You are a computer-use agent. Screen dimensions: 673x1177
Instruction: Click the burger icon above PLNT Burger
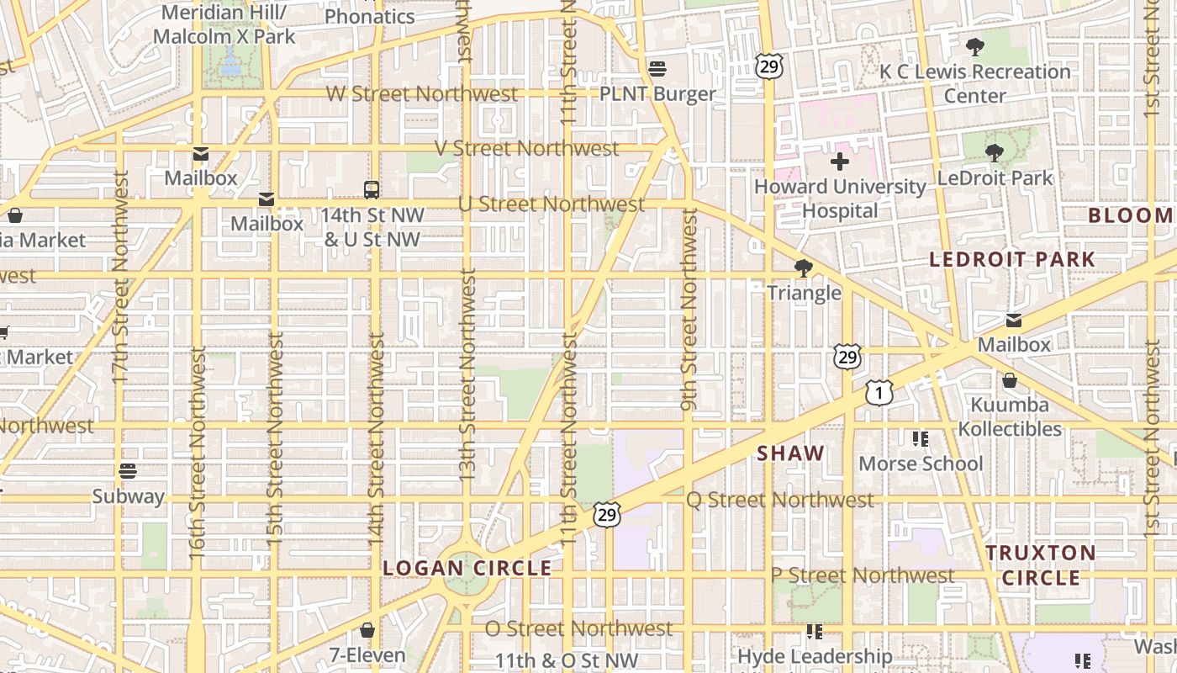657,68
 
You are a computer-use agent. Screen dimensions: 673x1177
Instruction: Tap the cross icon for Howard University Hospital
839,162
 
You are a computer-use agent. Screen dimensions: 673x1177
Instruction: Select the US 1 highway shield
879,392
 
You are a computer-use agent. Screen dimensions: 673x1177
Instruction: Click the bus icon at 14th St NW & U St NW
372,189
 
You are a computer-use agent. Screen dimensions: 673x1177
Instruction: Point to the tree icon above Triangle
804,268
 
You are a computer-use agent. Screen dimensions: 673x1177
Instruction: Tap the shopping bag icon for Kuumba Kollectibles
1010,381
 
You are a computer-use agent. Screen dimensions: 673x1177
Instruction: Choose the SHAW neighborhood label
790,453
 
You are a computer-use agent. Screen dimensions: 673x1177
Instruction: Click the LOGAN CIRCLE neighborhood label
467,569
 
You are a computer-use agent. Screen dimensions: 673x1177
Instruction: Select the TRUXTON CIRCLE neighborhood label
1041,565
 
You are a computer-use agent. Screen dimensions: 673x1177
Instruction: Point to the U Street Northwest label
552,204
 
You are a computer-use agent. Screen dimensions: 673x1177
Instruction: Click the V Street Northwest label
527,149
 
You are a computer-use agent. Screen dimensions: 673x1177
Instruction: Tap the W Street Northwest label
422,93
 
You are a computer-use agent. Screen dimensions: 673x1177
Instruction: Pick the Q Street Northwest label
780,500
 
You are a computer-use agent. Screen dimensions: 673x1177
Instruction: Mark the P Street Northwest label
863,575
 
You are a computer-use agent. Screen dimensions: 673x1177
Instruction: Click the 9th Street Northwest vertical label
689,311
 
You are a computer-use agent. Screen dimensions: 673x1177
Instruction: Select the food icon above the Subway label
128,471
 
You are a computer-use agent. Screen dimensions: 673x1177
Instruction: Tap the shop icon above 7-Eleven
367,630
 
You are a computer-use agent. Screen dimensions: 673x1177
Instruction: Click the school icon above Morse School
921,439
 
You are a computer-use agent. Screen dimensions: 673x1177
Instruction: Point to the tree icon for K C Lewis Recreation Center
975,47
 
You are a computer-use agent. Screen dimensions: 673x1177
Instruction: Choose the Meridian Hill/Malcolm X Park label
224,25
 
